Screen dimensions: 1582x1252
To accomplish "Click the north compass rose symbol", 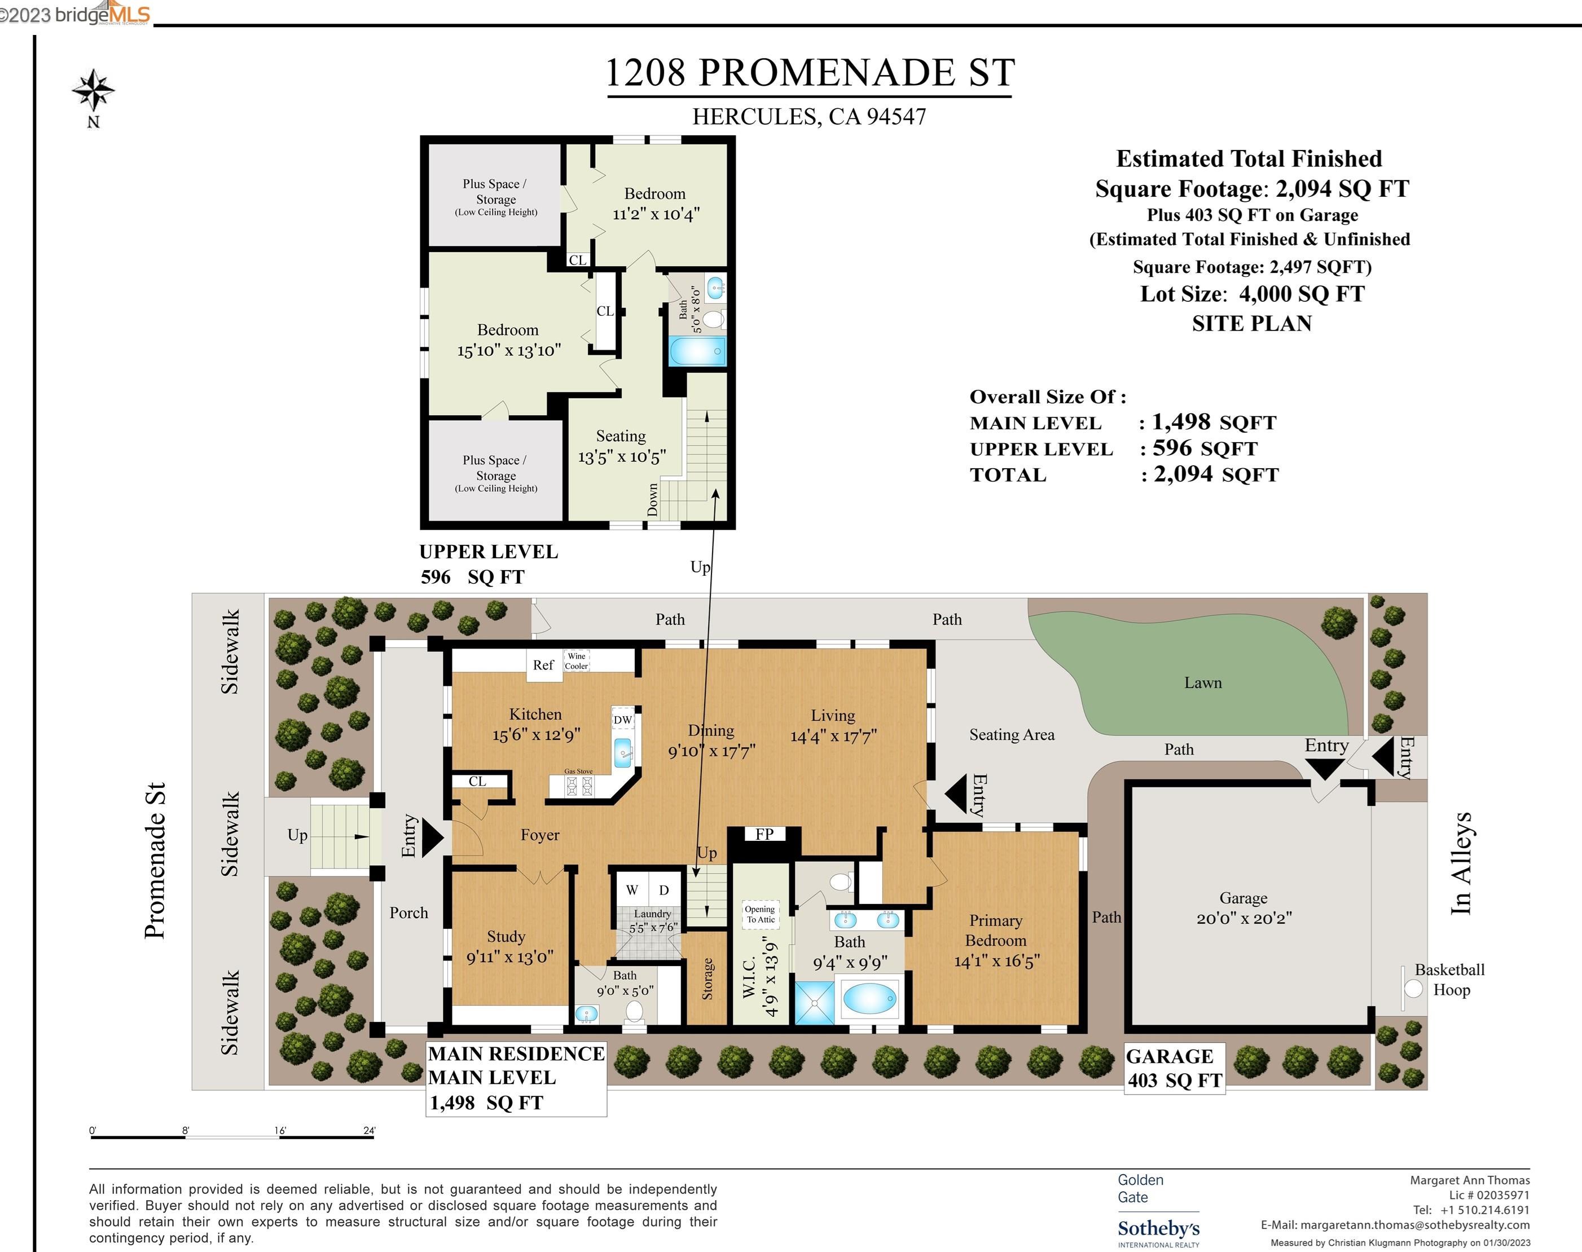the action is coord(93,91).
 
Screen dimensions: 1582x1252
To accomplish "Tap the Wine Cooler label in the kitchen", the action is coord(577,661).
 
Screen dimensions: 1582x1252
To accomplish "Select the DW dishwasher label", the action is coord(623,720).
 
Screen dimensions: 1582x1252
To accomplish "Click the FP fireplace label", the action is coord(764,834).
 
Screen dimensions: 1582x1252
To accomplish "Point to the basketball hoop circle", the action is coord(1413,989).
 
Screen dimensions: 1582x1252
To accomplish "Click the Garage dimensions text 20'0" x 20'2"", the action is coord(1244,919).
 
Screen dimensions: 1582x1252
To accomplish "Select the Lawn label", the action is coord(1203,683).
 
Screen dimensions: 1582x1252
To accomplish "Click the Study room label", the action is coord(506,936).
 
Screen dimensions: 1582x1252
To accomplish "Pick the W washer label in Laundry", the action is coord(631,890).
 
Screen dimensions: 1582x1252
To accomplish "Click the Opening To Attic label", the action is coord(760,914).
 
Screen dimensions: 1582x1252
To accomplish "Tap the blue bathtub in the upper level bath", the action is coord(697,351).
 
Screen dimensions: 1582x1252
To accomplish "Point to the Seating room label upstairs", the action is coord(621,436).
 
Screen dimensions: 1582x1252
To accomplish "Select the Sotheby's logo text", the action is coord(1159,1228).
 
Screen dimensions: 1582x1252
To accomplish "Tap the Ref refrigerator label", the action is coord(543,665).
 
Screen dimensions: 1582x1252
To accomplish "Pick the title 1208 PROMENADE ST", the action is coord(810,73).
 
